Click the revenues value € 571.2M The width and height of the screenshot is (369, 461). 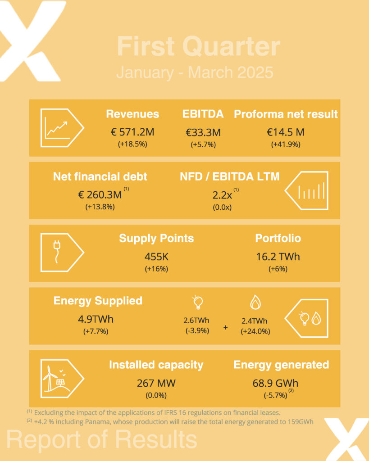coord(132,131)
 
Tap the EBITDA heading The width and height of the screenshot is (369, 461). coord(203,114)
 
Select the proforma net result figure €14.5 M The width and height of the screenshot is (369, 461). coord(286,131)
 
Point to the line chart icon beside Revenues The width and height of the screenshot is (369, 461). coord(59,128)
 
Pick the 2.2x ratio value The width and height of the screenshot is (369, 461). coord(223,194)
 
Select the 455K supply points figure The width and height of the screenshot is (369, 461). coord(156,257)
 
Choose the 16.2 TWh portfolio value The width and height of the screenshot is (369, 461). coord(278,257)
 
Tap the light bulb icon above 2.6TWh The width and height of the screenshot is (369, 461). coord(197,303)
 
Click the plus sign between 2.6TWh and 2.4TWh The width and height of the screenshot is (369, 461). coord(225,327)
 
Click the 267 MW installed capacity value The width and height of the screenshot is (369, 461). coord(156,384)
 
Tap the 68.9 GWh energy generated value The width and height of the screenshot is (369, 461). coord(275,384)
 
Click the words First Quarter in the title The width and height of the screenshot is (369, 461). coord(198,47)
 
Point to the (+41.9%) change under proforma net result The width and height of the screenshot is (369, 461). coord(286,145)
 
